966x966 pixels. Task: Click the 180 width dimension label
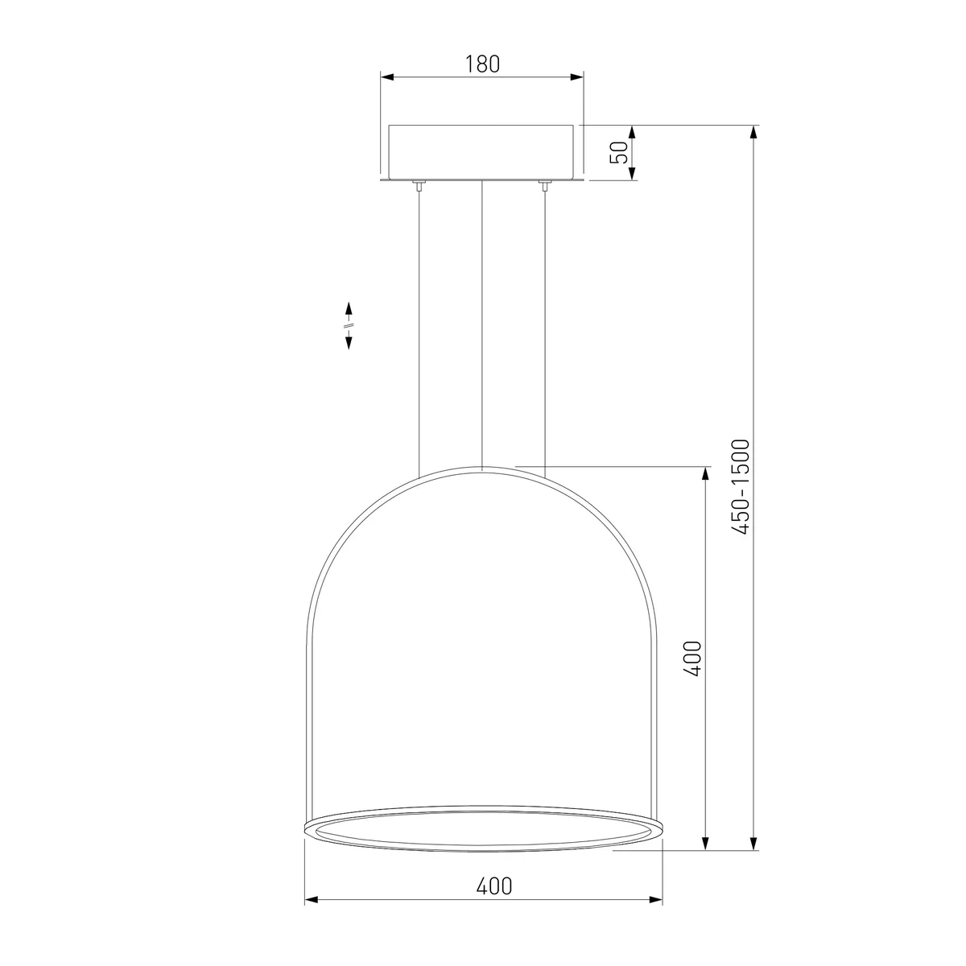tap(482, 64)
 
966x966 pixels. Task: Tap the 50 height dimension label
tap(618, 152)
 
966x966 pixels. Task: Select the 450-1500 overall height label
tap(741, 487)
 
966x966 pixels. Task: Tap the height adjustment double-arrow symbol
tap(349, 325)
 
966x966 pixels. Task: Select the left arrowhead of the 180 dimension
tap(387, 77)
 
